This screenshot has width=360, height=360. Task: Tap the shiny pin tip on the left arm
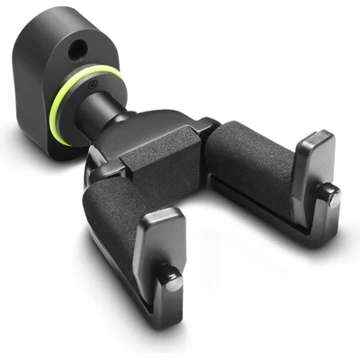pos(172,281)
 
